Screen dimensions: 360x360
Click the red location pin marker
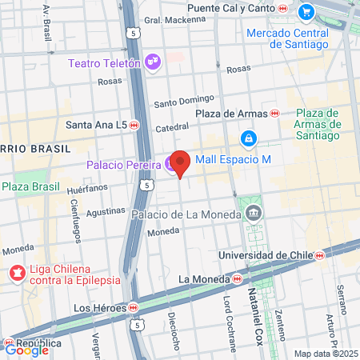(180, 162)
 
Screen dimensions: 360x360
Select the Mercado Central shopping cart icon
(306, 12)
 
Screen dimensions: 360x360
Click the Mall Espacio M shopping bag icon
(250, 139)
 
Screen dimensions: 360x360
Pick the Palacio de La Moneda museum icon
(254, 213)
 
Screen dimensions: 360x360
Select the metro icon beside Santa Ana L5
(134, 125)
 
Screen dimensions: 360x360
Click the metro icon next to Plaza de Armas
(274, 114)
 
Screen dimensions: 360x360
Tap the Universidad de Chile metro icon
(319, 255)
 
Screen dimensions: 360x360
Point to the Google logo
(26, 349)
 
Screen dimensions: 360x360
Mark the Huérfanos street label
(87, 190)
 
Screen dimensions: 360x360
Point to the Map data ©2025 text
(325, 354)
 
